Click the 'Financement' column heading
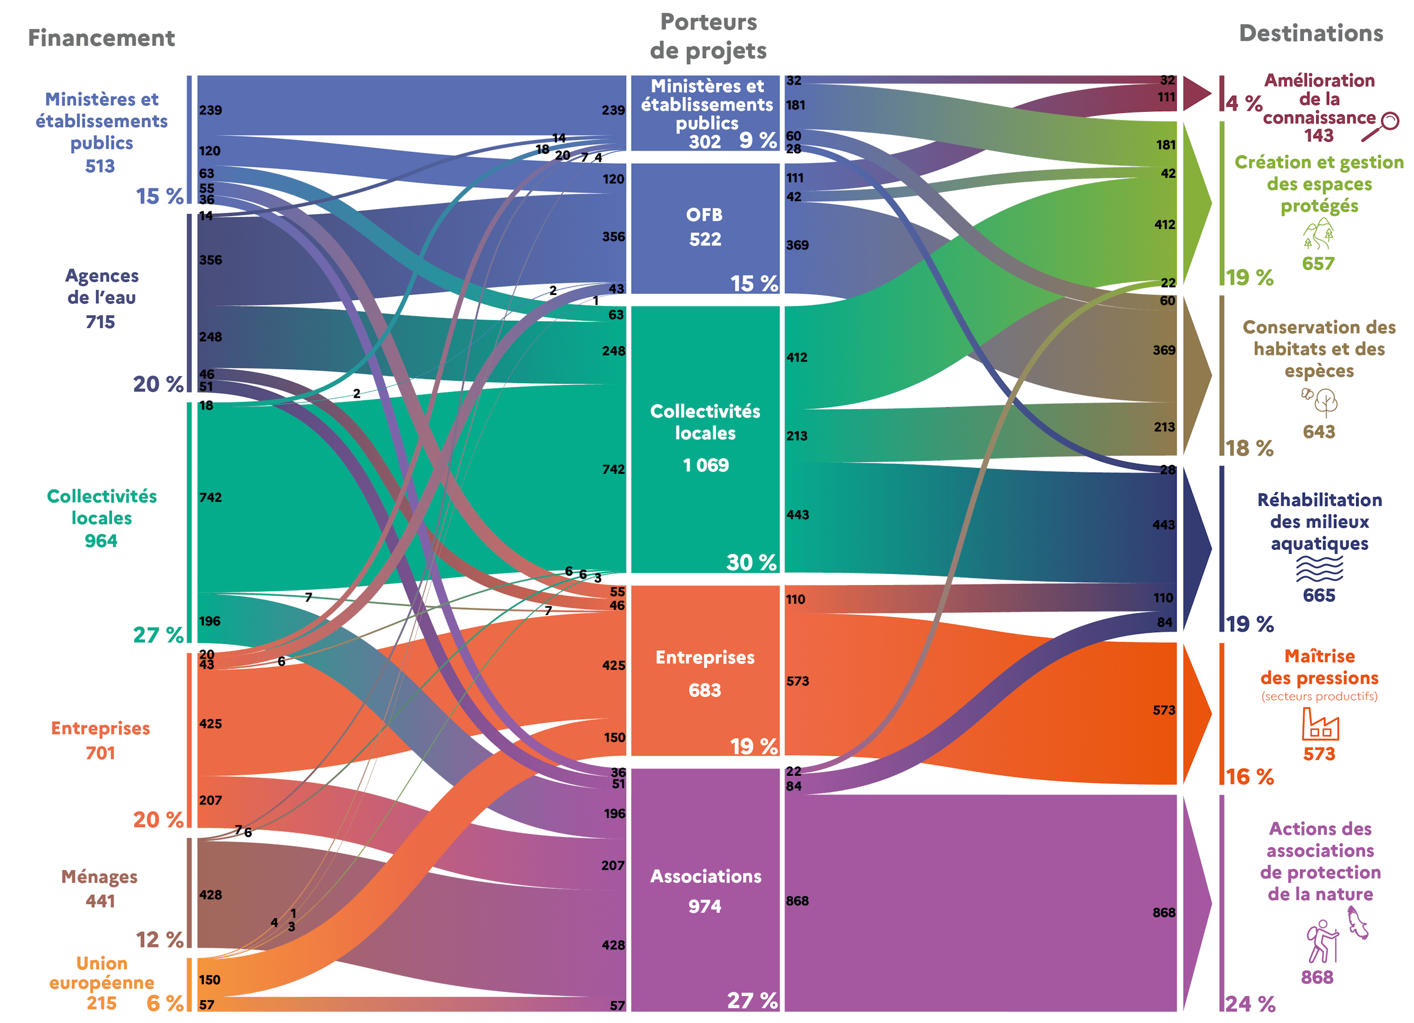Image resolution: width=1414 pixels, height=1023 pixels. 101,38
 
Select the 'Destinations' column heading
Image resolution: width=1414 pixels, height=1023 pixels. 1310,33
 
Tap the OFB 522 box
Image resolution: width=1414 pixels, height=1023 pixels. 705,228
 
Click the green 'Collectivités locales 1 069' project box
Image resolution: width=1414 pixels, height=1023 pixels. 705,439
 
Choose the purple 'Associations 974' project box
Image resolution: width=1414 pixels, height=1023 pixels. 705,889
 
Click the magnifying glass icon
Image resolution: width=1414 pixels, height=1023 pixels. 1380,127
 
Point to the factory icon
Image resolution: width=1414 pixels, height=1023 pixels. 1320,724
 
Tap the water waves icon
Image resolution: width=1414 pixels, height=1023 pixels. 1319,568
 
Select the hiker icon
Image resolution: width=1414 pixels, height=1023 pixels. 1322,941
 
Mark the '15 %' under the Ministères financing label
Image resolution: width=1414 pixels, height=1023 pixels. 160,196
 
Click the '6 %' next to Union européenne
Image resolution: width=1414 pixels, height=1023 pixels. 165,1002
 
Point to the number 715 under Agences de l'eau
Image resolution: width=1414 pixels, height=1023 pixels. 100,322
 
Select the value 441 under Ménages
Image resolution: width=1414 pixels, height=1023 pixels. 100,901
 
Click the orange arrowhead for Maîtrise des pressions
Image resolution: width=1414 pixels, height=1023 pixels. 1196,713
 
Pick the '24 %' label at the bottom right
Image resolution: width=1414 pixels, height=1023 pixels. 1250,1004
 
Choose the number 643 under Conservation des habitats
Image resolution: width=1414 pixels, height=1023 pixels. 1319,432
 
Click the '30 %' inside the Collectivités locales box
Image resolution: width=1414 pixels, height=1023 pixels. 752,563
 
